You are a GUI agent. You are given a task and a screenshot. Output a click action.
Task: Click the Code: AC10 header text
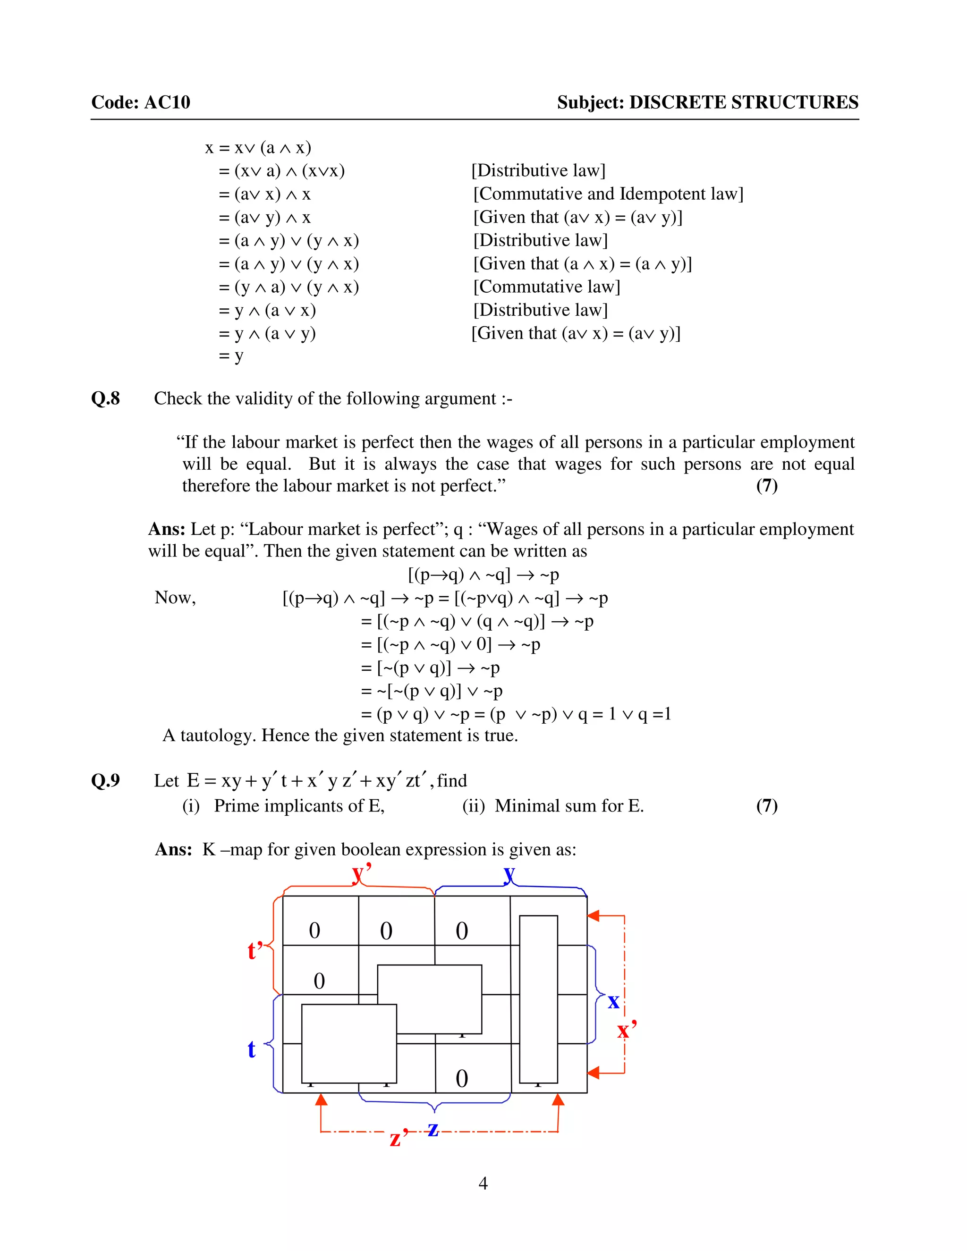pos(140,102)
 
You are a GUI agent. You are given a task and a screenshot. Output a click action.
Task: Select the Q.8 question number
pos(105,398)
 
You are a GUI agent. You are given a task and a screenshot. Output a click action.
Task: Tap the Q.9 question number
pos(105,780)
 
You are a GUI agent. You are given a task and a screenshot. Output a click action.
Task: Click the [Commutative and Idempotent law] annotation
pos(608,194)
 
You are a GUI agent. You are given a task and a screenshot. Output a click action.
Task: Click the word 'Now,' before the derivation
pos(175,598)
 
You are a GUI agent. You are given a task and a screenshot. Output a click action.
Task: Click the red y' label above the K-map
pos(362,874)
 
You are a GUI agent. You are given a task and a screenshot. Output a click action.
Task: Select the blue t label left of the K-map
pos(252,1049)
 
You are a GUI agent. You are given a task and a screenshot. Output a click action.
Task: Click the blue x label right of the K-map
pos(613,1001)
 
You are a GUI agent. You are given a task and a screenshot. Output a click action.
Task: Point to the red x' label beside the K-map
pos(626,1029)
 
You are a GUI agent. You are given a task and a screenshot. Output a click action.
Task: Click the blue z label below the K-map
pos(433,1129)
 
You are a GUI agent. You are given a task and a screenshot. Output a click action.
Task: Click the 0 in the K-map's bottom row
pos(462,1079)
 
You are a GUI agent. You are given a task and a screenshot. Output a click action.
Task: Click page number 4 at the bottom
pos(483,1183)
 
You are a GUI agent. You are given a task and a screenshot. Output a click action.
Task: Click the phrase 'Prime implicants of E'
pos(298,806)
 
